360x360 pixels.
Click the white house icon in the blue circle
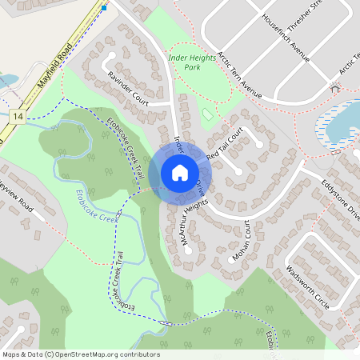pos(180,172)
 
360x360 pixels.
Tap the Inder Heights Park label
pos(195,62)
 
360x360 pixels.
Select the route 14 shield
pos(17,116)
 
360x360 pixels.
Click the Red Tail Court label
pos(224,145)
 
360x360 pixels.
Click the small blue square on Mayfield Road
pos(104,8)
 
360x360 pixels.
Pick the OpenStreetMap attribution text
pos(80,354)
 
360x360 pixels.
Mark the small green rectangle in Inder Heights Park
pos(207,114)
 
